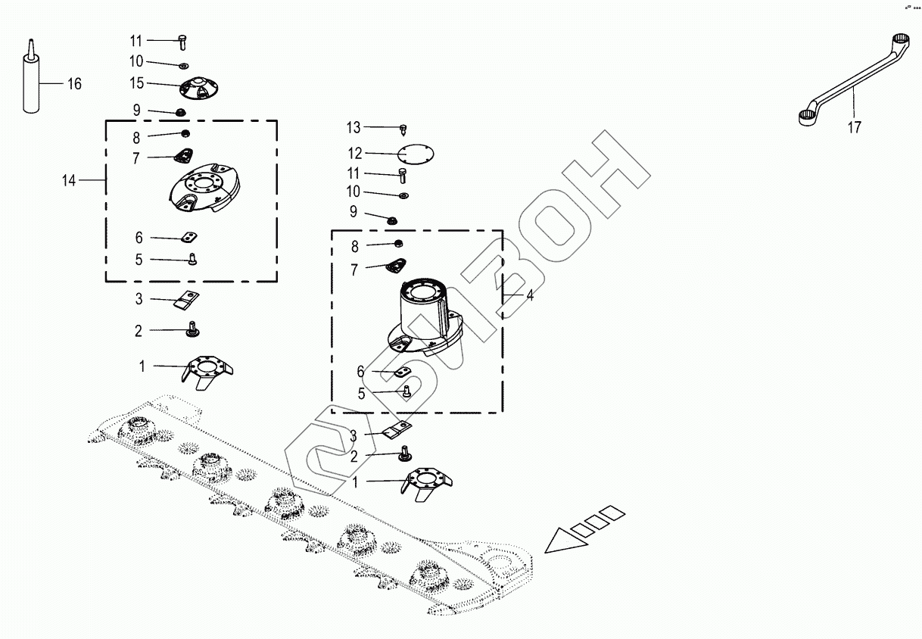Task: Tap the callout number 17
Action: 854,128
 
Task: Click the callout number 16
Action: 74,84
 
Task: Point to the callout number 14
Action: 69,180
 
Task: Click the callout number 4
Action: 530,295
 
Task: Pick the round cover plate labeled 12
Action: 415,154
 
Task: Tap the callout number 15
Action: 136,82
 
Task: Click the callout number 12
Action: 354,153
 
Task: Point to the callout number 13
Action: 354,127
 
